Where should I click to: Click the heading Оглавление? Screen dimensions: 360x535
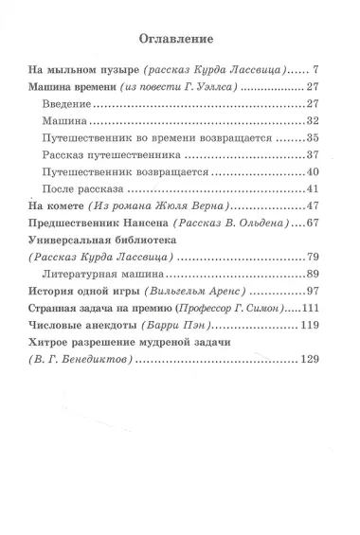[x=179, y=40]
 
